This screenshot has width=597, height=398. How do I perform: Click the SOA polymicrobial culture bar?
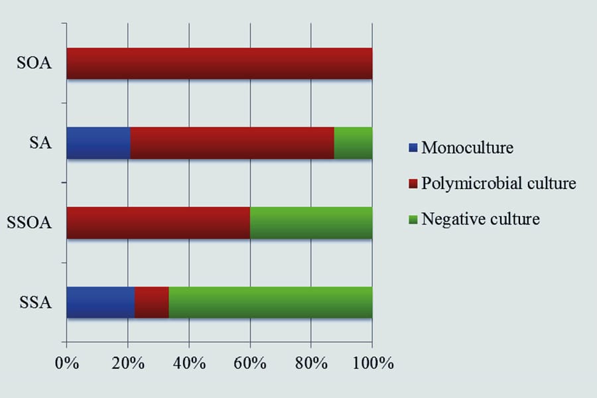[x=219, y=64]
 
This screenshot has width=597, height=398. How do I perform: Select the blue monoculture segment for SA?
[x=98, y=143]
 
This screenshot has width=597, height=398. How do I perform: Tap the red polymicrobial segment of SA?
[x=232, y=143]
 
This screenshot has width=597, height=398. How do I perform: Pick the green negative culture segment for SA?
[x=353, y=143]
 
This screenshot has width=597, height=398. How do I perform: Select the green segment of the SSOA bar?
[x=311, y=223]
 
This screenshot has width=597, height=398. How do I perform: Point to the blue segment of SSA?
[x=100, y=302]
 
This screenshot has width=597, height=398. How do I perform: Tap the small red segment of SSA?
[x=152, y=302]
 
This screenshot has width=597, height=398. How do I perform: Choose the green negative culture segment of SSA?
[x=271, y=302]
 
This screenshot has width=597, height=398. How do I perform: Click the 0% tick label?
[x=66, y=364]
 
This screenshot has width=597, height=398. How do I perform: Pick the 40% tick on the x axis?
[x=189, y=364]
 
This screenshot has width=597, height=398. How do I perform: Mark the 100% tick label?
[x=372, y=364]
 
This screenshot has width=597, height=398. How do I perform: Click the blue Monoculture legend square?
[x=413, y=148]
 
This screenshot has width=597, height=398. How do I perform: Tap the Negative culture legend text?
[x=481, y=219]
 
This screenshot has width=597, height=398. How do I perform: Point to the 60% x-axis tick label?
[x=250, y=364]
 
